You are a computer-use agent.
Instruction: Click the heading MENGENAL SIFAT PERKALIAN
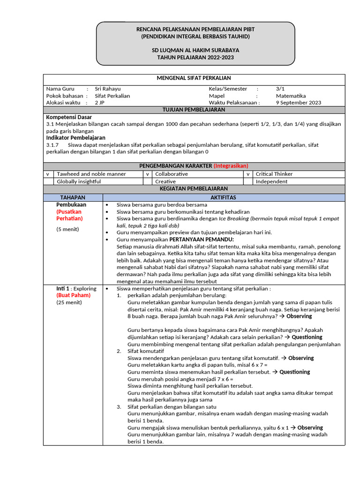click(194, 78)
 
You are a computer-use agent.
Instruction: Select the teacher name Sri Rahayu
click(107, 89)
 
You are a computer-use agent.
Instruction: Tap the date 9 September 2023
click(299, 103)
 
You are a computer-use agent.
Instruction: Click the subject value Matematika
click(291, 96)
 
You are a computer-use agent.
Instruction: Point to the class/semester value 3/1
click(280, 89)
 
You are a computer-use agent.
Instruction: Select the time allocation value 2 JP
click(100, 103)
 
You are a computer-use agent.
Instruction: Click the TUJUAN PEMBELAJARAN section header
click(194, 110)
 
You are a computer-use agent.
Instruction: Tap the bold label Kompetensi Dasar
click(69, 117)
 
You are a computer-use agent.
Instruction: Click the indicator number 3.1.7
click(52, 145)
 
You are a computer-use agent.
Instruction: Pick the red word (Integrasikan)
click(231, 166)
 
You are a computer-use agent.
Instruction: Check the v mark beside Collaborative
click(147, 174)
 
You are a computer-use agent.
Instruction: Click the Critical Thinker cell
click(274, 174)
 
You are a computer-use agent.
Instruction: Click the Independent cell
click(271, 181)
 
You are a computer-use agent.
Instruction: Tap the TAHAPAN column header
click(73, 197)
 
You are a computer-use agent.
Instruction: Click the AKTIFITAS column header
click(224, 197)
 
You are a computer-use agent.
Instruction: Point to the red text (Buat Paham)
click(73, 295)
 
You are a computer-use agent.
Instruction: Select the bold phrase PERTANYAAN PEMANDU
click(200, 239)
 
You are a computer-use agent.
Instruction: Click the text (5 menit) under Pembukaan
click(68, 229)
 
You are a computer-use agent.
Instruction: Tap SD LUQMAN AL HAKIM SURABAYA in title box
click(195, 50)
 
